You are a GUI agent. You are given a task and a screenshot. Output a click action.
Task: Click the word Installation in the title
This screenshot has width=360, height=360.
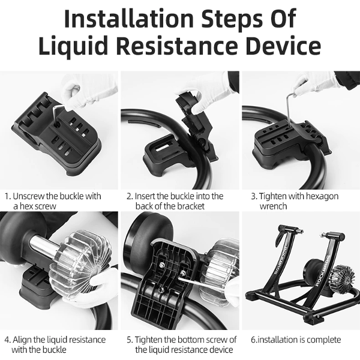(129, 19)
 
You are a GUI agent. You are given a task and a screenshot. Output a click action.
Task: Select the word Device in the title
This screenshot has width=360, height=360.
(283, 45)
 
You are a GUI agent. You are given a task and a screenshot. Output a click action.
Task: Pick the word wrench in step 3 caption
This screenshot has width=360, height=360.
(273, 206)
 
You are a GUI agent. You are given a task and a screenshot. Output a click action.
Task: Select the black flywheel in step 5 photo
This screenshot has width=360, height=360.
(148, 238)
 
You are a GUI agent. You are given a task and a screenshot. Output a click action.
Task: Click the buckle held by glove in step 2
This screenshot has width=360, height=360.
(197, 124)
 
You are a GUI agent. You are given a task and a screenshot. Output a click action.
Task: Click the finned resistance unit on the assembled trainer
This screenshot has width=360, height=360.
(343, 278)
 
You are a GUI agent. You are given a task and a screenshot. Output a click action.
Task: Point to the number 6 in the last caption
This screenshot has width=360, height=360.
(253, 340)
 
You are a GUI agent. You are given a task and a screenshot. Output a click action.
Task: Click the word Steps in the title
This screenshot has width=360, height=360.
(232, 19)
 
